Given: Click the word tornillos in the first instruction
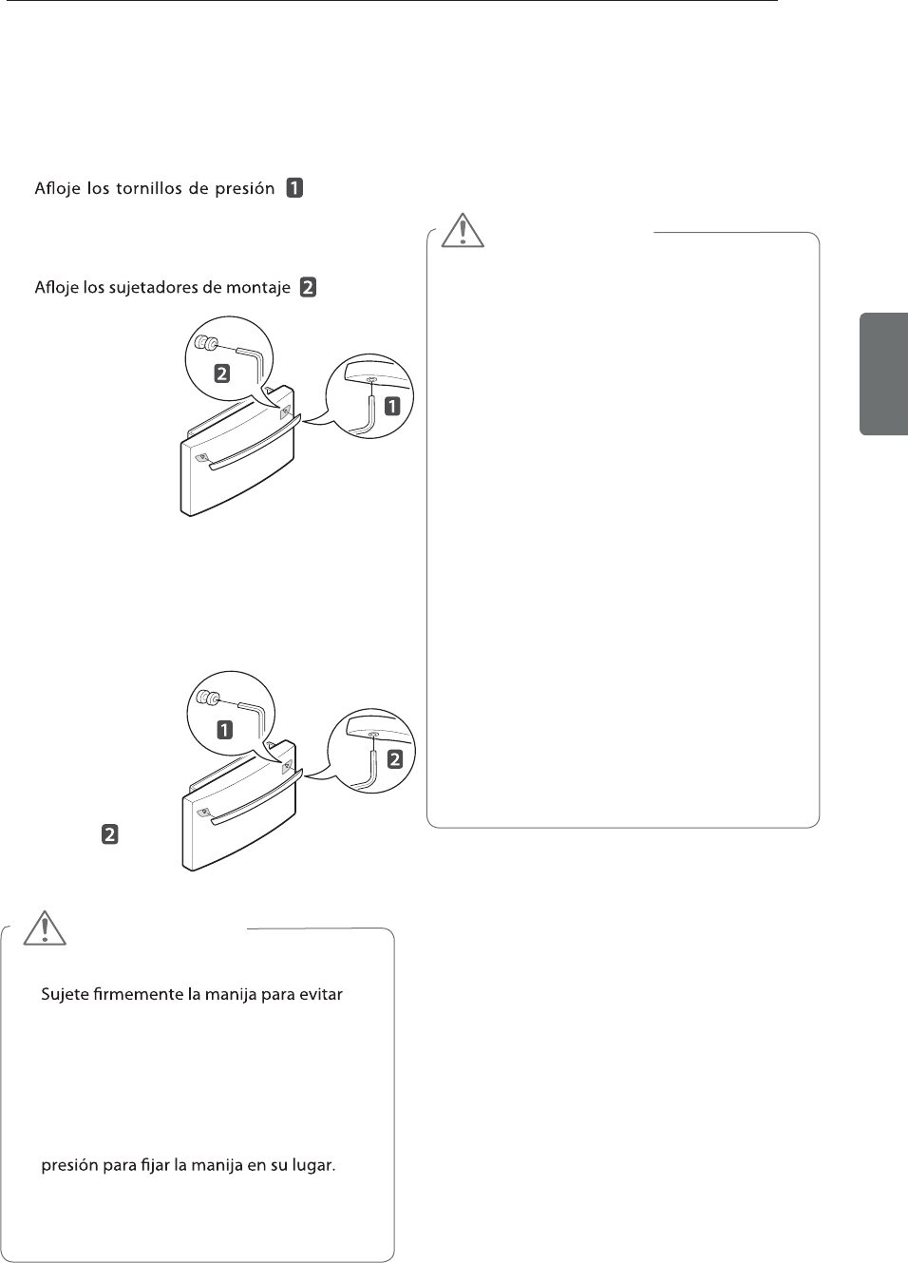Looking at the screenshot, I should [x=149, y=188].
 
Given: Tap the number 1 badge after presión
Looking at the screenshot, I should [x=295, y=187].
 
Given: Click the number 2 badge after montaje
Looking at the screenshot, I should [x=309, y=287].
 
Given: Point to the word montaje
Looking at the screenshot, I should [x=258, y=288].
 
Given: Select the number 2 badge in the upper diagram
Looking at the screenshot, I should [x=221, y=373].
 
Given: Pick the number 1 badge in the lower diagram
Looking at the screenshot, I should [x=224, y=730].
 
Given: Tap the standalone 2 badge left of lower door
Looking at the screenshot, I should [x=110, y=835].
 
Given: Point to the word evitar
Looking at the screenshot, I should [x=319, y=995].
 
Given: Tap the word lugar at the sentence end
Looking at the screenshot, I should [x=313, y=1165].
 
